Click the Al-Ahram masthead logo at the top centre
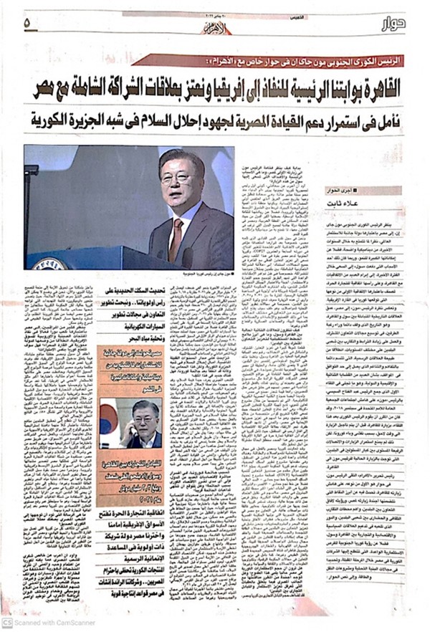(x=215, y=29)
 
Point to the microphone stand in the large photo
(x=32, y=208)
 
